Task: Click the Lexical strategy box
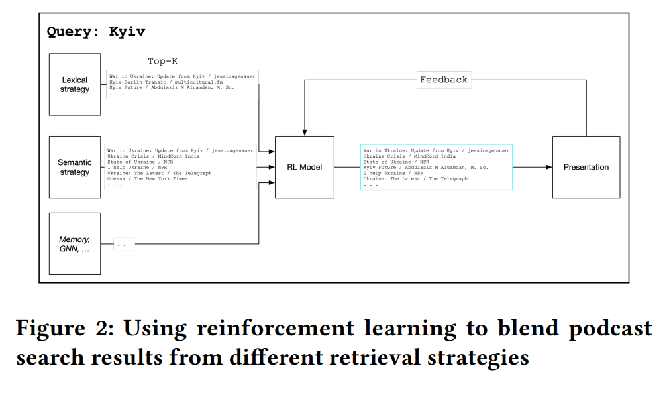pyautogui.click(x=75, y=85)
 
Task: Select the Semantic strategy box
pyautogui.click(x=75, y=167)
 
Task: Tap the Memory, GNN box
pyautogui.click(x=75, y=244)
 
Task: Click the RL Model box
pyautogui.click(x=305, y=167)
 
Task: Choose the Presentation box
pyautogui.click(x=586, y=167)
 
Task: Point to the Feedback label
pyautogui.click(x=443, y=80)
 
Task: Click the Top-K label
pyautogui.click(x=162, y=62)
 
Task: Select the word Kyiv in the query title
pyautogui.click(x=127, y=31)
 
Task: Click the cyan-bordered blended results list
pyautogui.click(x=436, y=167)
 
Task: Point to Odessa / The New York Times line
pyautogui.click(x=148, y=179)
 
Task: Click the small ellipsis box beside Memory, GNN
pyautogui.click(x=124, y=244)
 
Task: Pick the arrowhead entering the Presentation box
pyautogui.click(x=548, y=167)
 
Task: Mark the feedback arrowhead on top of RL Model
pyautogui.click(x=304, y=133)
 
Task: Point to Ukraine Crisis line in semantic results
pyautogui.click(x=145, y=156)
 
